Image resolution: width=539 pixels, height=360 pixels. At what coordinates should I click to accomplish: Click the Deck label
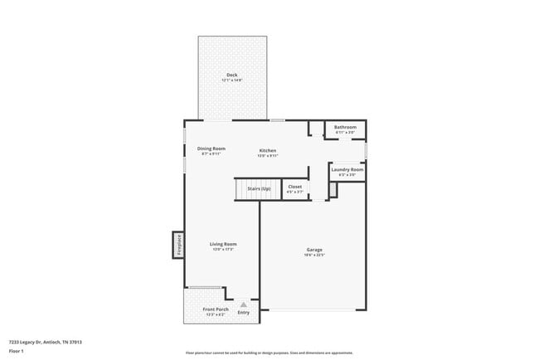[x=232, y=75]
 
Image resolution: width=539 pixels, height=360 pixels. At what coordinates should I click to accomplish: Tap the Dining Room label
[x=211, y=148]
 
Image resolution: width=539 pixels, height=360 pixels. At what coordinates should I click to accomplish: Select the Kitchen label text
[x=267, y=150]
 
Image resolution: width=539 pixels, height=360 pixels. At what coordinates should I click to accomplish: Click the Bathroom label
[x=345, y=127]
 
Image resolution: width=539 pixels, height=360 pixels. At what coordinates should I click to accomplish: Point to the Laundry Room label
[x=347, y=169]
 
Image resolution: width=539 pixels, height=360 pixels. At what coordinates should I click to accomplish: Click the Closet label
[x=294, y=187]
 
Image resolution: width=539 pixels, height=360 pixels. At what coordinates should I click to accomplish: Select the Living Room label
[x=223, y=244]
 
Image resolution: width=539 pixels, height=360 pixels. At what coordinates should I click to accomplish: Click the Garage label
[x=314, y=250]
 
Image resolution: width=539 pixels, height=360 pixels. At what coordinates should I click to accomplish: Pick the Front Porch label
[x=216, y=309]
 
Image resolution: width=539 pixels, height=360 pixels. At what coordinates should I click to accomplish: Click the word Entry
[x=243, y=312]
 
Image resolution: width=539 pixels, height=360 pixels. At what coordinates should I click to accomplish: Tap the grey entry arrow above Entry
[x=243, y=304]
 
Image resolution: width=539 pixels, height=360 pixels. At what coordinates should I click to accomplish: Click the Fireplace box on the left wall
[x=177, y=245]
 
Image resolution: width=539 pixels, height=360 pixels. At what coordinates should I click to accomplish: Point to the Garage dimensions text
[x=314, y=255]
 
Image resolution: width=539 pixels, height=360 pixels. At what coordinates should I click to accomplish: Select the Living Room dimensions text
[x=223, y=249]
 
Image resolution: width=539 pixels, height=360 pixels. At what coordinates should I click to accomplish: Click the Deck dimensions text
[x=232, y=80]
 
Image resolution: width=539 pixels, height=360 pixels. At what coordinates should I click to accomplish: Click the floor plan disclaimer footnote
[x=269, y=352]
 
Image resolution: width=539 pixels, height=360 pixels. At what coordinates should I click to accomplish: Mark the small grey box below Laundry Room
[x=333, y=190]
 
